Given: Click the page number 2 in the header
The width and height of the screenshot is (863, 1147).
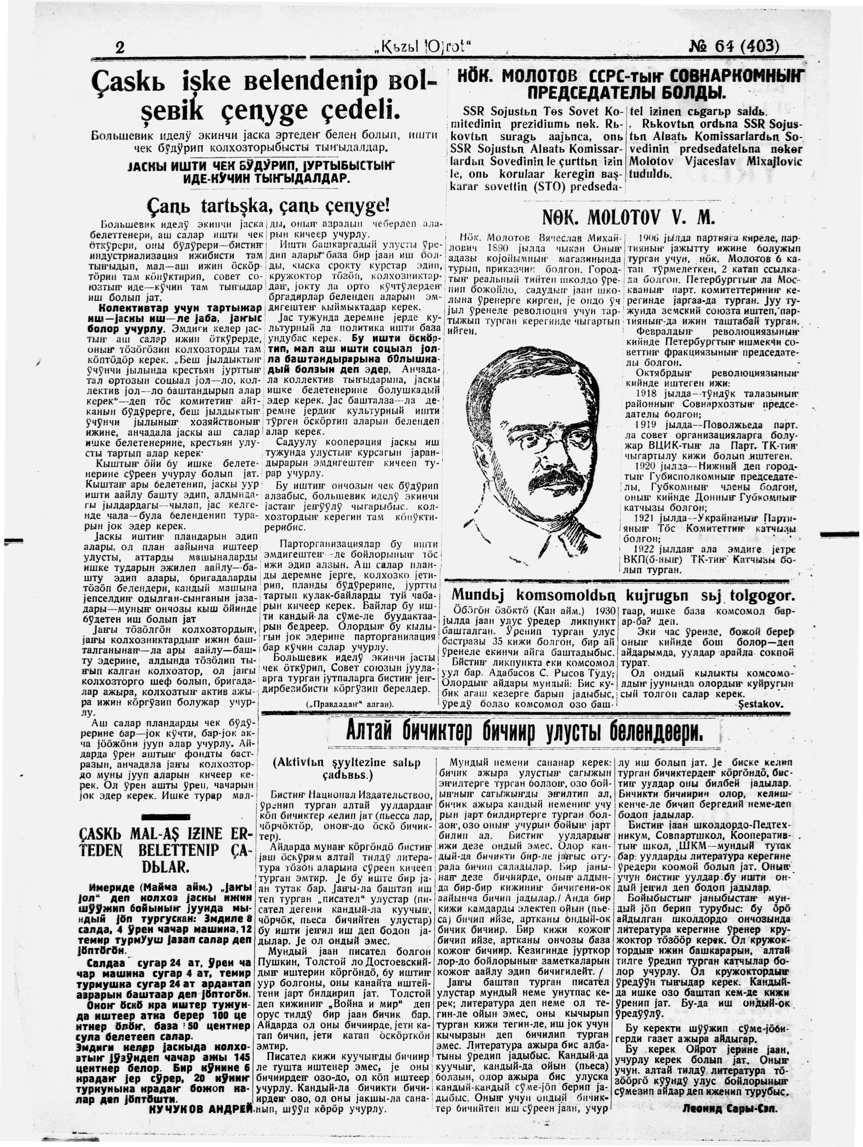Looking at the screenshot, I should coord(120,48).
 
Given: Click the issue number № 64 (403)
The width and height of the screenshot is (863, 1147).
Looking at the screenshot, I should coord(734,47).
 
